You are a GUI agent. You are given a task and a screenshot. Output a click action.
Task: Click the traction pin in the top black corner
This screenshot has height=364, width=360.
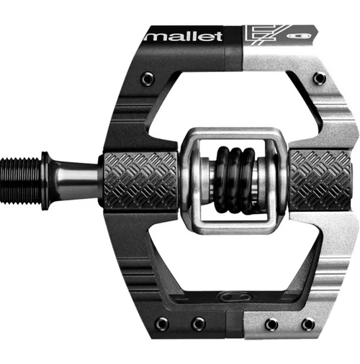[147, 77]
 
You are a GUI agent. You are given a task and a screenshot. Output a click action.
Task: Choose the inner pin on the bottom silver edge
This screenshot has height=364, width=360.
[271, 324]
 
